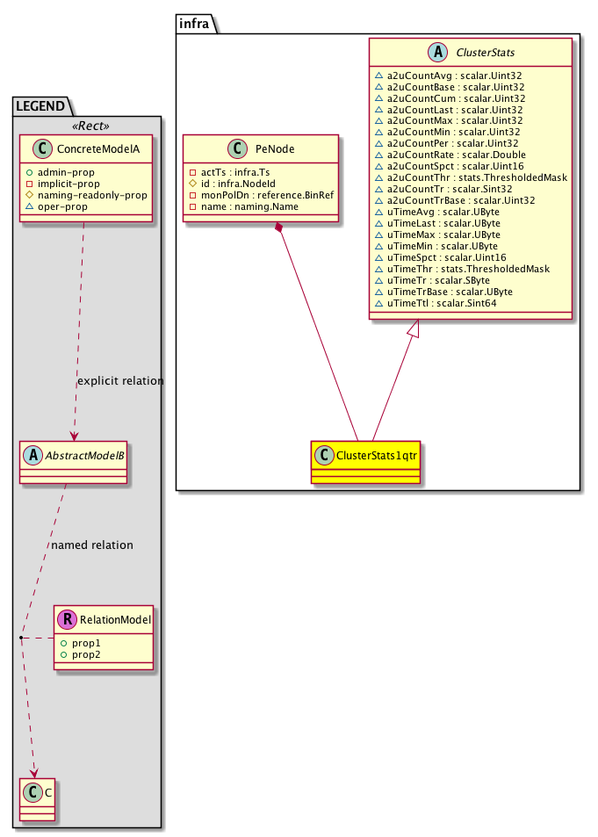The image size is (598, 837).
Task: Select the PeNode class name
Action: [x=275, y=150]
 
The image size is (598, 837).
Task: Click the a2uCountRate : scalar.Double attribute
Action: [x=448, y=154]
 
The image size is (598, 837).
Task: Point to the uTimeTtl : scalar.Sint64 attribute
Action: [x=444, y=302]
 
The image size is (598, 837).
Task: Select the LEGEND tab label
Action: [x=40, y=106]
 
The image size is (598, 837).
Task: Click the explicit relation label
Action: [x=120, y=381]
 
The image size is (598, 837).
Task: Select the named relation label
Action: [x=92, y=545]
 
